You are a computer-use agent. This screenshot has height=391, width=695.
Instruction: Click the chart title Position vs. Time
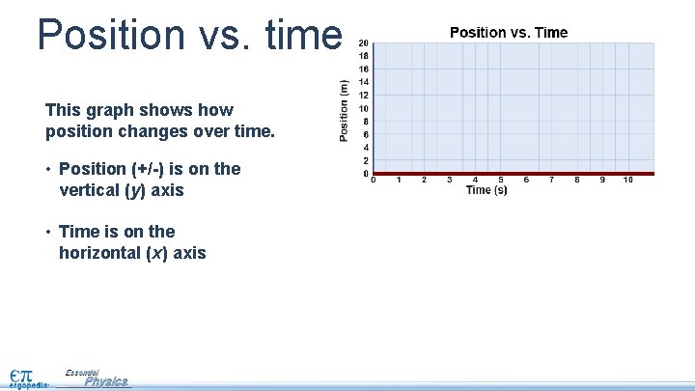[509, 33]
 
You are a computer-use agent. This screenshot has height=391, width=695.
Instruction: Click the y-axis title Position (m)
[345, 109]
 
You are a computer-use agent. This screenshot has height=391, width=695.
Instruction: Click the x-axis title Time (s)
[486, 190]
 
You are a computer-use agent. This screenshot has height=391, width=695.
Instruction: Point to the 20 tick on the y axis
[363, 43]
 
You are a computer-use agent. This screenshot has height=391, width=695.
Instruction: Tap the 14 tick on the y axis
[363, 82]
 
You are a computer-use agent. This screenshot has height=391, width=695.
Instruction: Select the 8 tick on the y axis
[364, 122]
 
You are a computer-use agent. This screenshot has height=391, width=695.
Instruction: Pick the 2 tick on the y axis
[364, 161]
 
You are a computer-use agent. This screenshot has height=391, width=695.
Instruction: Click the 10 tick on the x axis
[627, 180]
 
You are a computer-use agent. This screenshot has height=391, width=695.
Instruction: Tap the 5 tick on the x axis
[500, 180]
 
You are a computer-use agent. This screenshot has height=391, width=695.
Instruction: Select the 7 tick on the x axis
[551, 180]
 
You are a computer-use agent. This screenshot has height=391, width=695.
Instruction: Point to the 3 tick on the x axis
[449, 180]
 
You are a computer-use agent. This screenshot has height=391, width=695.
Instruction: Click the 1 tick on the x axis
[399, 180]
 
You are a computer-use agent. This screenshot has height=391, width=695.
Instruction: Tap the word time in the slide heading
[299, 34]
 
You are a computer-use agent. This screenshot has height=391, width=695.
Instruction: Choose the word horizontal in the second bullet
[101, 253]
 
